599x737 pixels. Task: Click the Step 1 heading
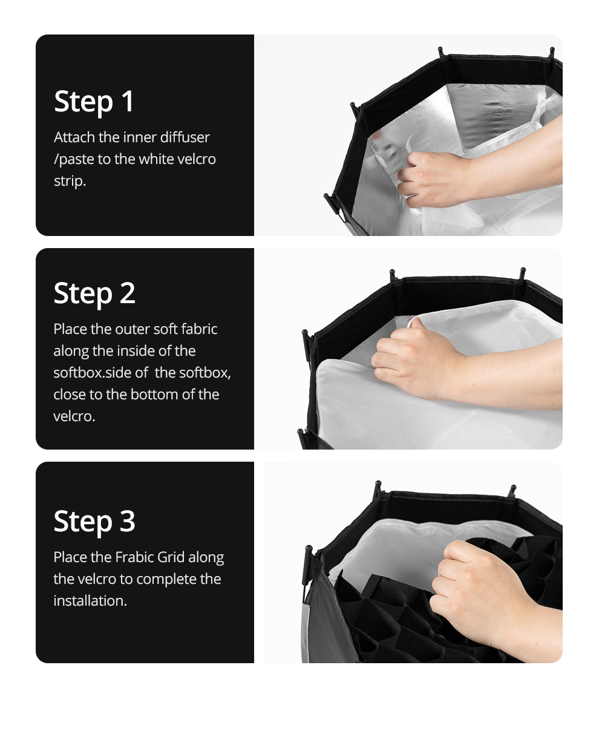[94, 102]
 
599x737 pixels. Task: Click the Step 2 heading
[94, 293]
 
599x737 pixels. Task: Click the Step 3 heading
[94, 522]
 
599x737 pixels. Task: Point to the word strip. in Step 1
[70, 182]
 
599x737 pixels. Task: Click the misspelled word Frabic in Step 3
[134, 557]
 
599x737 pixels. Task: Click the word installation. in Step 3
[90, 601]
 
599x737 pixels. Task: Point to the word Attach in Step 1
[74, 137]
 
